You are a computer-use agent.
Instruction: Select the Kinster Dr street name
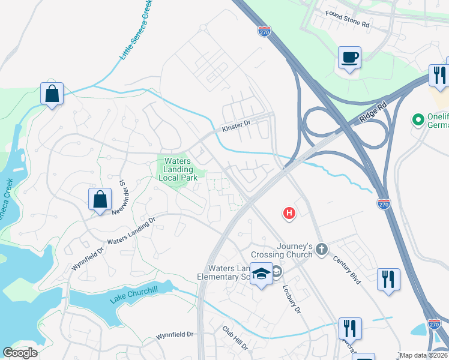pyautogui.click(x=235, y=126)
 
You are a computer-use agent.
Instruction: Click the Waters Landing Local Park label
pyautogui.click(x=177, y=170)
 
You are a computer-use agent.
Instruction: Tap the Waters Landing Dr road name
pyautogui.click(x=131, y=233)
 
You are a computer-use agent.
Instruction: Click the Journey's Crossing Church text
pyautogui.click(x=295, y=250)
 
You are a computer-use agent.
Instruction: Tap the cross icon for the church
pyautogui.click(x=322, y=249)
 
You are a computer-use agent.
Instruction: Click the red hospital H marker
pyautogui.click(x=289, y=213)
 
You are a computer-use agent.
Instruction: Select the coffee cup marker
pyautogui.click(x=349, y=58)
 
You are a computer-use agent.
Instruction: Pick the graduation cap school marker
pyautogui.click(x=261, y=274)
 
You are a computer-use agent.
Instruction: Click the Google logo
pyautogui.click(x=20, y=353)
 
